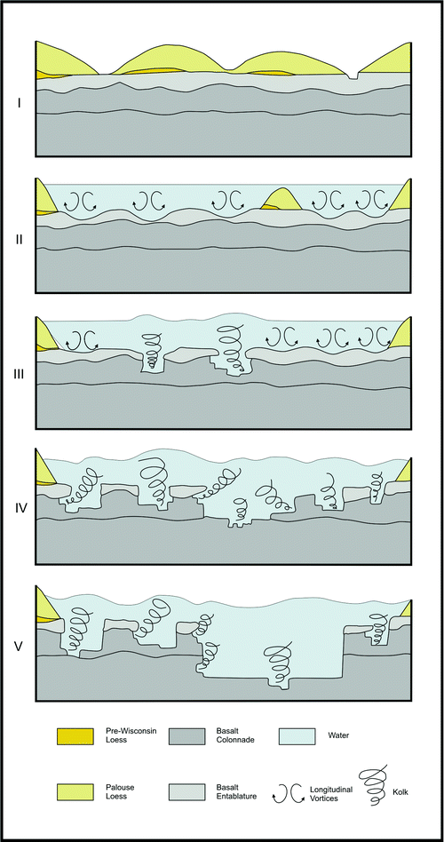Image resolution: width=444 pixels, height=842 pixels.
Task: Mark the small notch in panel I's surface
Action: (355, 76)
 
